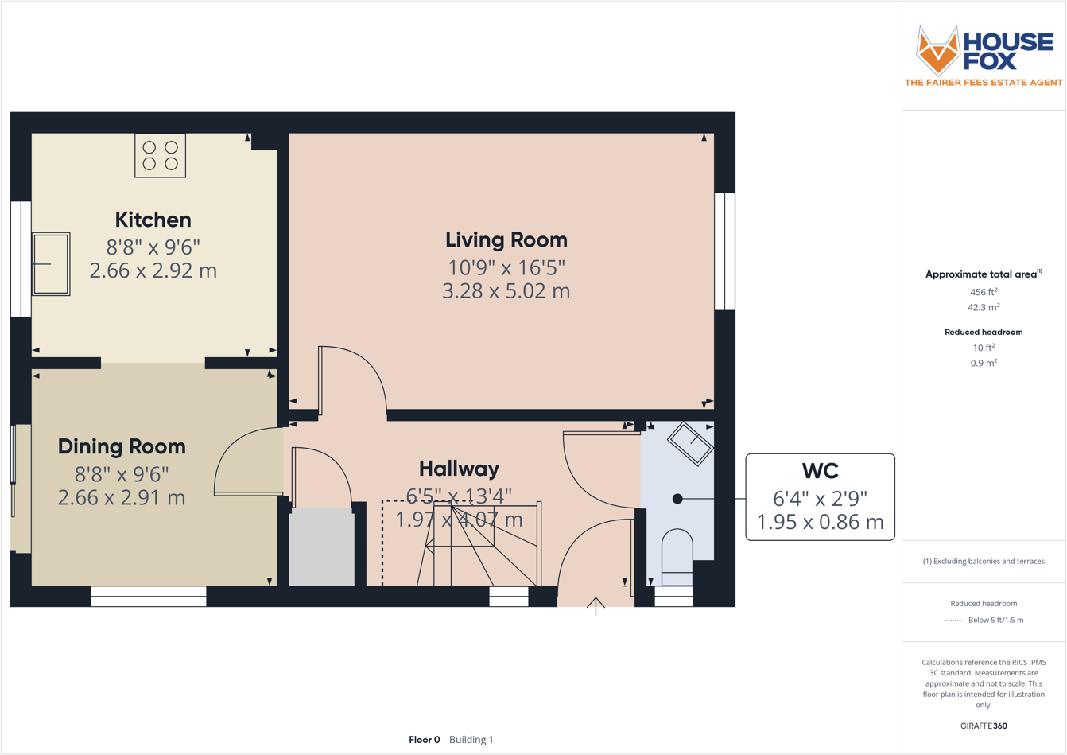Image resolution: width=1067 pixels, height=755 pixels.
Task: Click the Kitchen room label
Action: click(x=153, y=220)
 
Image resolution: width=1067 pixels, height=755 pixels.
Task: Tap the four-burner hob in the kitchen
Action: click(x=160, y=155)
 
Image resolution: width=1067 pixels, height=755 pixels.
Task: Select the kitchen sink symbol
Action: click(x=51, y=264)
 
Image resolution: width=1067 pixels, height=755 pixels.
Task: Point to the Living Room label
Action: click(x=506, y=239)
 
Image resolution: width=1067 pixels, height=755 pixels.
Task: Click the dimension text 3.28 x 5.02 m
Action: click(x=506, y=291)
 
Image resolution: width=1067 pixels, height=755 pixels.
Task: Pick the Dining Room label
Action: click(x=122, y=446)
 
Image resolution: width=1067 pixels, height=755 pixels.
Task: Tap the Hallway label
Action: click(x=459, y=469)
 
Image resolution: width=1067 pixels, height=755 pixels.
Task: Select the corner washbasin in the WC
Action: click(x=689, y=443)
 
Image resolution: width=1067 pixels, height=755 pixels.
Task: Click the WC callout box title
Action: click(x=820, y=470)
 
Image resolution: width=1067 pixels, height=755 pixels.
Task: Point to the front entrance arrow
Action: click(x=596, y=606)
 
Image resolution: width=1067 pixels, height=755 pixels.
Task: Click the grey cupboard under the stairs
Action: click(x=321, y=547)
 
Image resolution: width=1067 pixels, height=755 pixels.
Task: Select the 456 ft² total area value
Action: click(x=983, y=292)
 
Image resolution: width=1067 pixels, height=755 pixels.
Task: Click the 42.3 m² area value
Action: click(x=983, y=307)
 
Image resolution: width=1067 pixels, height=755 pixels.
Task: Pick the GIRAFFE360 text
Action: click(x=984, y=726)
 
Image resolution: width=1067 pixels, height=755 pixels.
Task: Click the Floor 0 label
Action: click(x=424, y=740)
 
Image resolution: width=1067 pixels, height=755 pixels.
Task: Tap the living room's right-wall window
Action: click(x=724, y=251)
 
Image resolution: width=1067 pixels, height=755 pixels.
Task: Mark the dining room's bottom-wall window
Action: click(x=149, y=597)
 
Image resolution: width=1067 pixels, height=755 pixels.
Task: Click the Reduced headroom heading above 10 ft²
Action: click(x=983, y=332)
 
